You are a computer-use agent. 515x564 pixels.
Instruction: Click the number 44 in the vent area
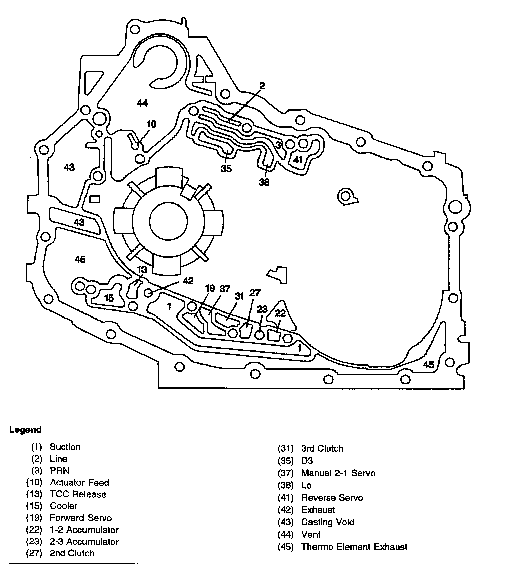click(x=142, y=103)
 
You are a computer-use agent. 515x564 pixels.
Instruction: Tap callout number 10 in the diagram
click(x=151, y=124)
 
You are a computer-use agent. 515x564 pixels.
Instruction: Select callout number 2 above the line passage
click(x=262, y=86)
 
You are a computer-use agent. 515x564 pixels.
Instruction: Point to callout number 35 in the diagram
click(x=226, y=169)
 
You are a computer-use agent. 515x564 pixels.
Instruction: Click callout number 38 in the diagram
click(x=264, y=182)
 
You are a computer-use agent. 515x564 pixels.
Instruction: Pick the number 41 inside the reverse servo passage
click(x=298, y=160)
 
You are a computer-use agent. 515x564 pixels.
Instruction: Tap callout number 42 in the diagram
click(x=188, y=281)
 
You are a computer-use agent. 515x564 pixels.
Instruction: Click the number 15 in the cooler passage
click(x=109, y=298)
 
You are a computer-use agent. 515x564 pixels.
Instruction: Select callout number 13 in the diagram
click(x=142, y=270)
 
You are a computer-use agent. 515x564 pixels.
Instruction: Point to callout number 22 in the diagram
click(x=280, y=313)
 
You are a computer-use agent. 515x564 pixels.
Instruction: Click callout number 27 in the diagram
click(x=255, y=293)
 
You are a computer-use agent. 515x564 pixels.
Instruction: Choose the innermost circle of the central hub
click(x=168, y=222)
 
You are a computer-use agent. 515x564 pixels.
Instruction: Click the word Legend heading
click(x=25, y=430)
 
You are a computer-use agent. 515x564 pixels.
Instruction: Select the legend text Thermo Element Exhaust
click(x=354, y=547)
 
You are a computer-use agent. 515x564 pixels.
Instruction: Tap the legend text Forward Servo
click(x=80, y=518)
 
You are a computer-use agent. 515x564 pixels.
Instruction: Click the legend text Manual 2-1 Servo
click(x=338, y=473)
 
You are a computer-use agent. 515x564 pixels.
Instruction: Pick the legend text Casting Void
click(x=328, y=522)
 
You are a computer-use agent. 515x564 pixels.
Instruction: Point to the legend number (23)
click(x=34, y=542)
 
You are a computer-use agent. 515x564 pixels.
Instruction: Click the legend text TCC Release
click(x=78, y=494)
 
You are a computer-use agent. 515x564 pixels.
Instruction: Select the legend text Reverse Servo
click(x=332, y=498)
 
